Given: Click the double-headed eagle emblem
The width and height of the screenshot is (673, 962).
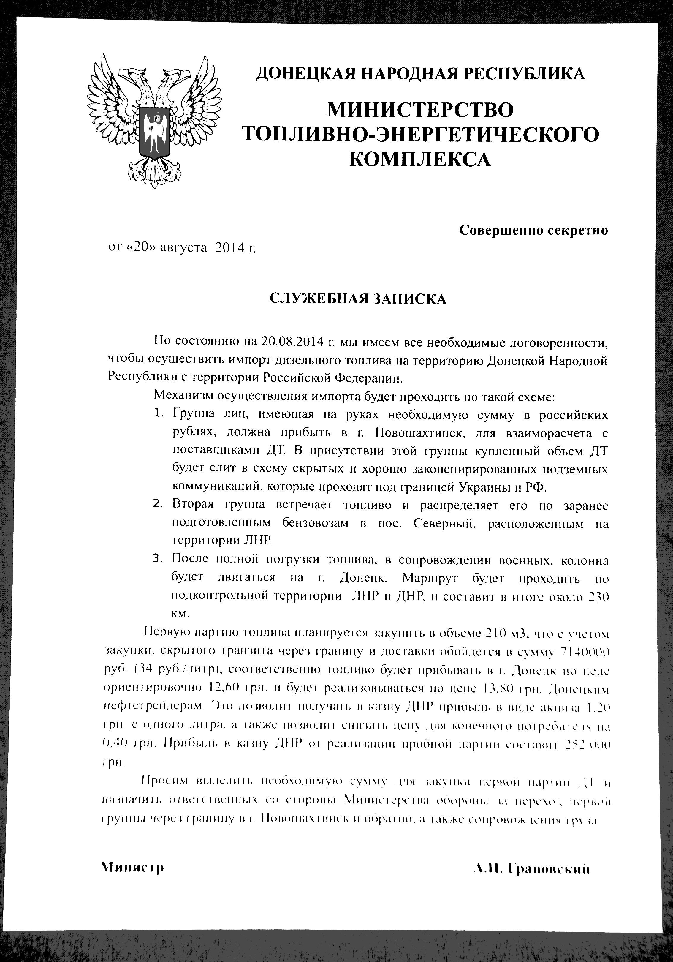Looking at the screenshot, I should pyautogui.click(x=154, y=121).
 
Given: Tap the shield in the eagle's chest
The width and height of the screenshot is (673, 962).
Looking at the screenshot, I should pyautogui.click(x=154, y=131).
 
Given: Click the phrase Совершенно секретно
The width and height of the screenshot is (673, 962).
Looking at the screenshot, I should pyautogui.click(x=533, y=230).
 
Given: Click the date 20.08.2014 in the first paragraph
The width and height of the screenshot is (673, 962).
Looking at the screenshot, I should pyautogui.click(x=293, y=342).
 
